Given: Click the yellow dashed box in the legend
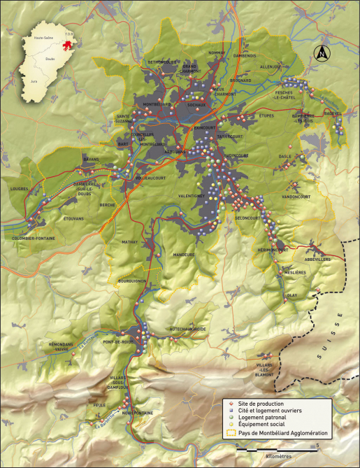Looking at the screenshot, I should [227, 434].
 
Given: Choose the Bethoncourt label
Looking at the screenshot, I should [161, 62].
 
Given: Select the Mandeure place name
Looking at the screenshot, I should [184, 255].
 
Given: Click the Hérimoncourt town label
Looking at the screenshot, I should [273, 250].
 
